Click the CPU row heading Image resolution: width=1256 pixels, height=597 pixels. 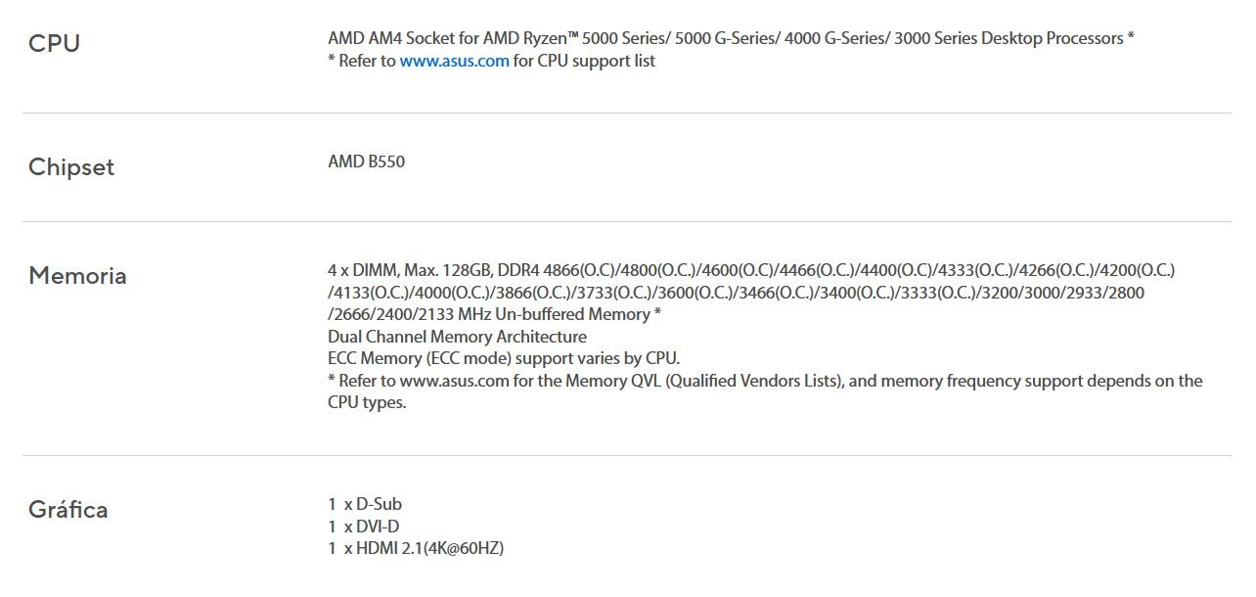[x=54, y=44]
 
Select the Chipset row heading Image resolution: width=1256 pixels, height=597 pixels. [x=71, y=167]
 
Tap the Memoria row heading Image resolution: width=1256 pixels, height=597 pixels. [x=77, y=276]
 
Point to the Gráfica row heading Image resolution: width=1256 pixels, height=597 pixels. [x=67, y=510]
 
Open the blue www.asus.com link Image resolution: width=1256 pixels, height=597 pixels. [x=454, y=61]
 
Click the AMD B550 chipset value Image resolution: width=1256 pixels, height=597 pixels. [x=366, y=161]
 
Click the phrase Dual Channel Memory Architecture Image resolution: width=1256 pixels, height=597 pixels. [x=457, y=337]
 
